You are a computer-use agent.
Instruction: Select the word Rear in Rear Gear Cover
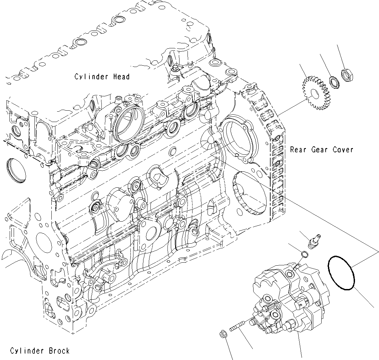(298, 150)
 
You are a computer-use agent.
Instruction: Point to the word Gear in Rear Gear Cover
(319, 150)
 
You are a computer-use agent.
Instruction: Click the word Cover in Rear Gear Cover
(343, 150)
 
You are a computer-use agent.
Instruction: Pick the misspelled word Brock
(59, 351)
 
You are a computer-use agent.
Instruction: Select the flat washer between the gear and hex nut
(334, 82)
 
